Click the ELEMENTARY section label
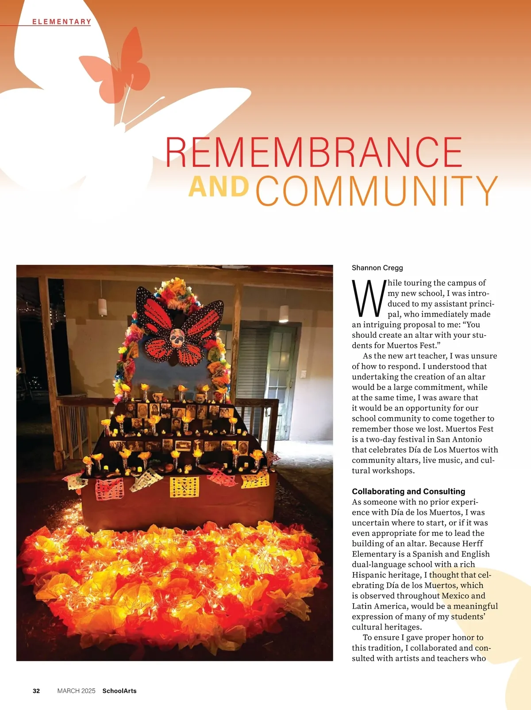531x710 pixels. [x=62, y=22]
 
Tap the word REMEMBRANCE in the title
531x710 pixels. [x=314, y=152]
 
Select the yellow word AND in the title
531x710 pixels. [x=219, y=187]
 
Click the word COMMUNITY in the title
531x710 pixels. [x=377, y=191]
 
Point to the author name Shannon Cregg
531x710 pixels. [x=377, y=267]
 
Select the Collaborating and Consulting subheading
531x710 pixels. [x=408, y=491]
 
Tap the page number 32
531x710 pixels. [x=36, y=691]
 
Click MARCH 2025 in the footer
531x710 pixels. [x=76, y=691]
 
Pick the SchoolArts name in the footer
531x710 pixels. [x=119, y=691]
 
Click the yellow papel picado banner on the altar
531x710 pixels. [x=185, y=486]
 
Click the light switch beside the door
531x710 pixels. [x=304, y=374]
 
